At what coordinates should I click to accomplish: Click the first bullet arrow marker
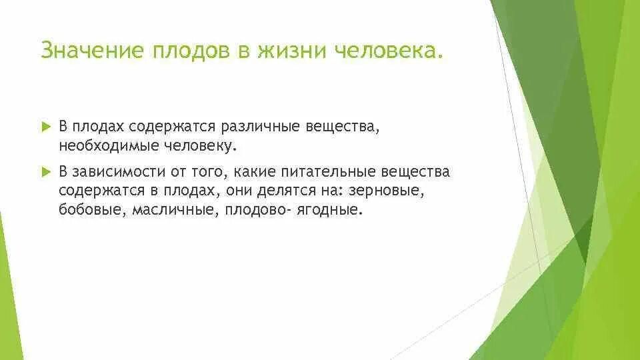(45, 126)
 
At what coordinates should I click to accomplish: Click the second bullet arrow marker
(45, 172)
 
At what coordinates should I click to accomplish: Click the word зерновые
(387, 191)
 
